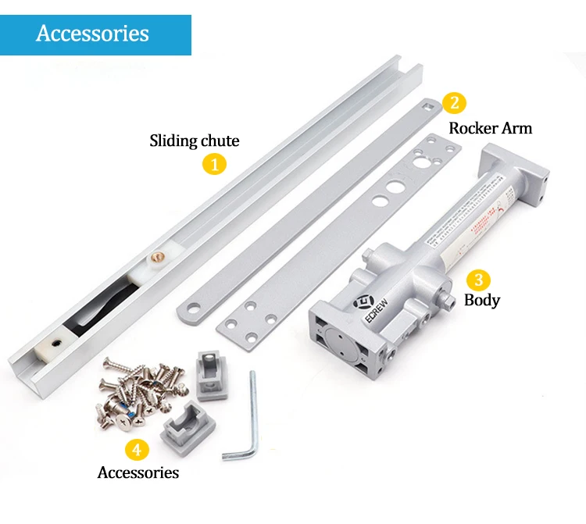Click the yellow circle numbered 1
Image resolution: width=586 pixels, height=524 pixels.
click(214, 165)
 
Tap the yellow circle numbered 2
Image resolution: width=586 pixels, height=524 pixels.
click(454, 102)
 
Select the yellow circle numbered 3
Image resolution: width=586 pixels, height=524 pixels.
click(477, 279)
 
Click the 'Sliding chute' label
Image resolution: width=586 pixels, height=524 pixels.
click(195, 141)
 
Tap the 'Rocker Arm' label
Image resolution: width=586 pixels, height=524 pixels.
click(490, 127)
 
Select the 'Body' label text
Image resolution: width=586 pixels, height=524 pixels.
click(482, 300)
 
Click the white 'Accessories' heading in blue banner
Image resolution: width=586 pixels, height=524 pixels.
click(92, 34)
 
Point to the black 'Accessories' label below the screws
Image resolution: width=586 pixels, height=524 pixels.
click(138, 472)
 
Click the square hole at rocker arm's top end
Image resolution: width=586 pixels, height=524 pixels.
click(427, 103)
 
